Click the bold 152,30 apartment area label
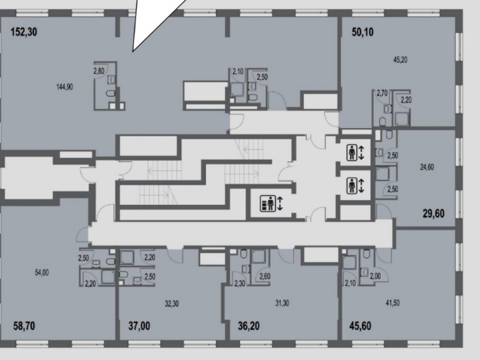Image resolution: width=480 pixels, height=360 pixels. [x=24, y=32]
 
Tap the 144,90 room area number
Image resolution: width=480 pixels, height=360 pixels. [x=65, y=87]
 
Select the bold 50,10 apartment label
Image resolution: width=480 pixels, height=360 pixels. [x=362, y=32]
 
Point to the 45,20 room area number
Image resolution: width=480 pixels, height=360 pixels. [x=400, y=60]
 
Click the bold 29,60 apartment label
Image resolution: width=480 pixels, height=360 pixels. [x=433, y=213]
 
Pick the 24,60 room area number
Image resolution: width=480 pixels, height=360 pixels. [x=427, y=167]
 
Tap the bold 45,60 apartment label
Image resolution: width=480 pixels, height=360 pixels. [x=360, y=326]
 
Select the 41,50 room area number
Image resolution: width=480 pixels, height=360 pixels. [x=393, y=303]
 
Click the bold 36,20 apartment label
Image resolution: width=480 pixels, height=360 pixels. [x=249, y=326]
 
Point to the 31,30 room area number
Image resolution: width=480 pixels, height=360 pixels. [x=282, y=303]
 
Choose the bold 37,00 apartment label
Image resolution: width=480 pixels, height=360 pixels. [x=139, y=326]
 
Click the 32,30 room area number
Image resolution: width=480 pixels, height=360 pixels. [x=172, y=304]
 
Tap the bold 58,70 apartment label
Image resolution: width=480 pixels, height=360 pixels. [x=24, y=326]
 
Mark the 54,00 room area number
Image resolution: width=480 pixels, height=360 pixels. [x=42, y=273]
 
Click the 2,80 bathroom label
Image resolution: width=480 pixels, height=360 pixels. [x=99, y=71]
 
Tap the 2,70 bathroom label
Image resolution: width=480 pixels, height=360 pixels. [x=382, y=93]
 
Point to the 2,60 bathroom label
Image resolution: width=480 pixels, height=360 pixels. [x=265, y=276]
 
